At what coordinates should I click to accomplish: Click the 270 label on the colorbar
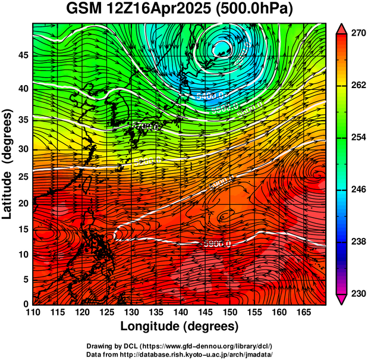(357, 34)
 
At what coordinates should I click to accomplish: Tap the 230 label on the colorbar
(357, 293)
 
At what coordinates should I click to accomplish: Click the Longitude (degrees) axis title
(180, 326)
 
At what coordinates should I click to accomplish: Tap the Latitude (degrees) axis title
(8, 164)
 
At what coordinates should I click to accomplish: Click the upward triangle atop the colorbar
(341, 29)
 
